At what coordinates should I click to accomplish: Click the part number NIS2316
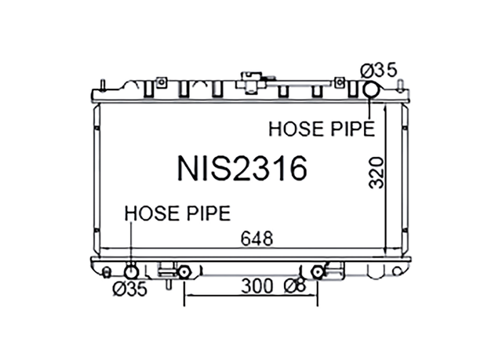click(242, 169)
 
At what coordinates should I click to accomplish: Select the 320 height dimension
click(376, 173)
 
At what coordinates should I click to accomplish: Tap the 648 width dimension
click(256, 238)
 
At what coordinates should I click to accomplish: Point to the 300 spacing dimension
click(256, 286)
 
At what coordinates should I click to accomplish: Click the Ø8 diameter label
click(296, 286)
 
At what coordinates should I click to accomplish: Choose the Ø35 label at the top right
click(378, 70)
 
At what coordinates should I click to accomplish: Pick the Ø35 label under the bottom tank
click(130, 289)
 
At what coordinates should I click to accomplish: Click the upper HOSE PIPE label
click(322, 129)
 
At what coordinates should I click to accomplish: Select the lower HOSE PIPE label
click(177, 213)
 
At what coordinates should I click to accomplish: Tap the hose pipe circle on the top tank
click(370, 89)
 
